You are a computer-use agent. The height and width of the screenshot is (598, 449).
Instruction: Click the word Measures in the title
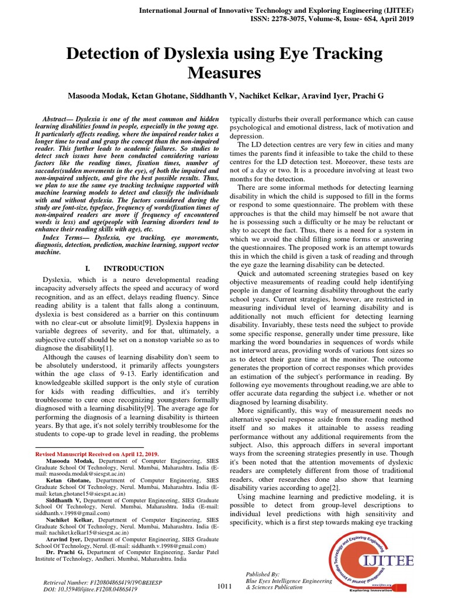[224, 74]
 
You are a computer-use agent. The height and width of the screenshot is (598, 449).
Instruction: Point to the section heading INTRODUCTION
[134, 268]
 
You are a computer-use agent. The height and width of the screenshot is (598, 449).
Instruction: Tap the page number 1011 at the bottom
[224, 586]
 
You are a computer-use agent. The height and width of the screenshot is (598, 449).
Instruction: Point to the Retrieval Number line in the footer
[99, 583]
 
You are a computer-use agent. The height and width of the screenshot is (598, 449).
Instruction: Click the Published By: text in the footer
[263, 574]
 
